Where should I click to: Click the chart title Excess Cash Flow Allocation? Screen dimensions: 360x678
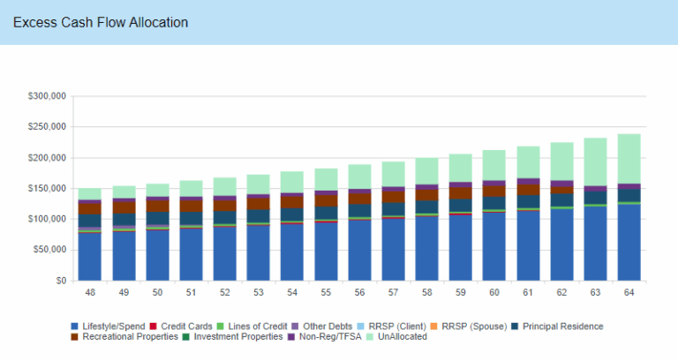coord(100,22)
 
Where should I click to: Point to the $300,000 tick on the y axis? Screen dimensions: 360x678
coord(46,96)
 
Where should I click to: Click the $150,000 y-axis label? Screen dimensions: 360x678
coord(46,188)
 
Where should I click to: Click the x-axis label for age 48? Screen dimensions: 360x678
coord(90,292)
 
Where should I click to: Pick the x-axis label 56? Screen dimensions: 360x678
coord(358,292)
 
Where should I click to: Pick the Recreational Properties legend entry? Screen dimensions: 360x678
coord(130,336)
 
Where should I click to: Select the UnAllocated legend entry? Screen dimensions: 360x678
coord(395,336)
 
